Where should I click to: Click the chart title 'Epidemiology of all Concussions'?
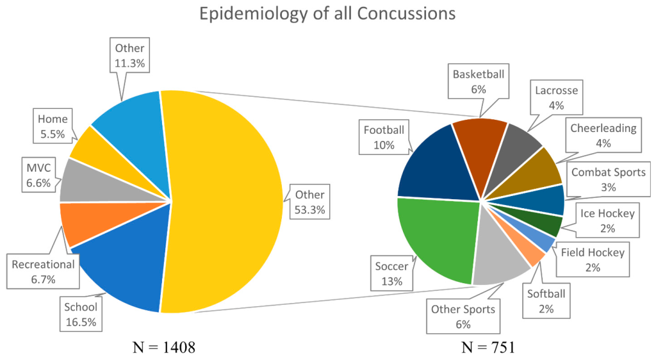click(327, 15)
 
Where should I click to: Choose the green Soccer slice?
click(436, 240)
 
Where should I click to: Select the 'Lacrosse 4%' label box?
click(556, 97)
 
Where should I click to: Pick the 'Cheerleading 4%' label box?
click(602, 135)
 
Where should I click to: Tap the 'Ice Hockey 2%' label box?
click(607, 220)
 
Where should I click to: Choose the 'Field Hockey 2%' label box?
click(592, 260)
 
